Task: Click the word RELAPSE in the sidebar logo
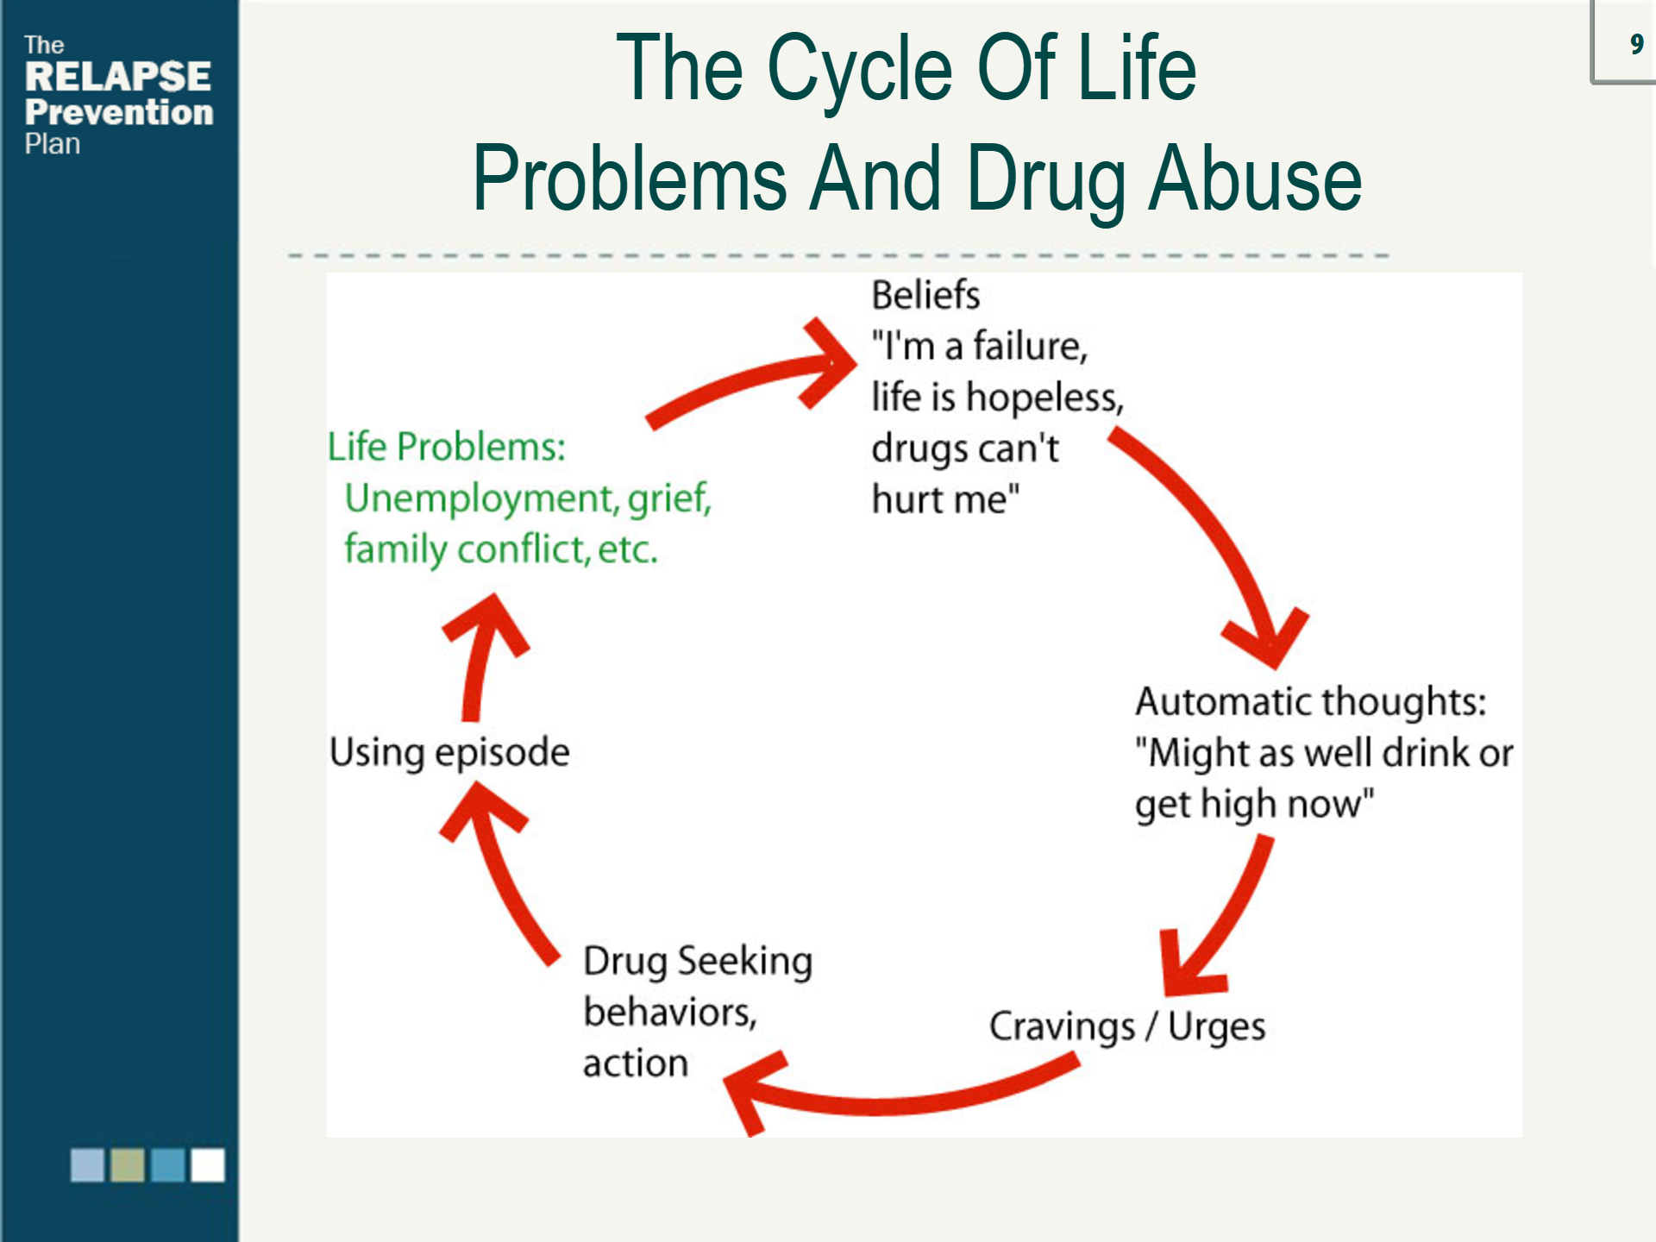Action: (117, 77)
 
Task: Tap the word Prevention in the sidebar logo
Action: (119, 112)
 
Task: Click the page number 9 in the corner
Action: (1636, 44)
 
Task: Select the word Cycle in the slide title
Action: (859, 69)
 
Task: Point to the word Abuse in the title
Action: (1255, 179)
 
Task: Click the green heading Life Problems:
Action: (446, 447)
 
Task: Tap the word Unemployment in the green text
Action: (480, 499)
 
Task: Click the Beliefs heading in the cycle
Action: (925, 295)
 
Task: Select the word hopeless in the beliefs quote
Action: (1044, 398)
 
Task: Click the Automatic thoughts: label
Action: (1310, 701)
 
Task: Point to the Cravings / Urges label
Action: (1126, 1026)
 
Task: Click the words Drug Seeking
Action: (698, 961)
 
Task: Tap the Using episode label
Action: (449, 752)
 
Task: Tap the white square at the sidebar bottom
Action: (208, 1164)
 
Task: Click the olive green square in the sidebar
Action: (128, 1164)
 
